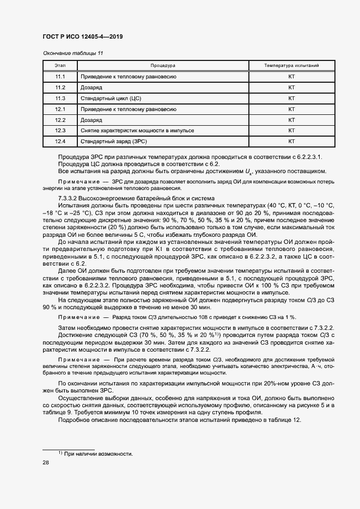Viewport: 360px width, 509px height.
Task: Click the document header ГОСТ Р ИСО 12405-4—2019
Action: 82,38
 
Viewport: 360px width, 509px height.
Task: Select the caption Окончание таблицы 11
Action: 72,53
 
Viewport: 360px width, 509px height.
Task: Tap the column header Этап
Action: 60,65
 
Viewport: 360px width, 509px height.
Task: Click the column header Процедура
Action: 163,65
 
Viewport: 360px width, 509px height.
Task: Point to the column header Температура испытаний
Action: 291,65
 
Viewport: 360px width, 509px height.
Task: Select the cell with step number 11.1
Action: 60,77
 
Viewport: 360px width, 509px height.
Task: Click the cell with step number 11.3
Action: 60,99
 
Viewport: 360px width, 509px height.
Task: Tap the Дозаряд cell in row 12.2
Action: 91,120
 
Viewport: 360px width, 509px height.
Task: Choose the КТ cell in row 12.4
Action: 291,142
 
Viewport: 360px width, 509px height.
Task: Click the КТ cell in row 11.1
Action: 291,77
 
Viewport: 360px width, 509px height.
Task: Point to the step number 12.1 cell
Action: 60,109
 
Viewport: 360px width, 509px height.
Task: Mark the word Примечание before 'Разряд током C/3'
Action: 79,317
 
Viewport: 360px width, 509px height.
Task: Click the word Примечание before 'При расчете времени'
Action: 79,360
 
